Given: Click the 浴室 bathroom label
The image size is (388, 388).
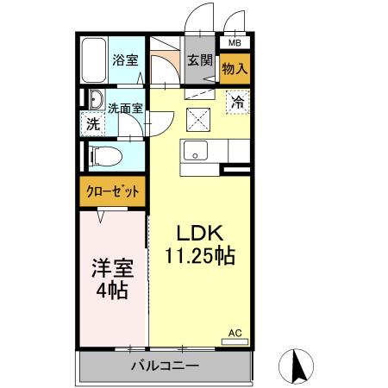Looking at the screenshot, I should [125, 60].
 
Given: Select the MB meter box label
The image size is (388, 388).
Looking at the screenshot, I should [235, 41].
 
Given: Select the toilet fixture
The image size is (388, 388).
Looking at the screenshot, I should [103, 157].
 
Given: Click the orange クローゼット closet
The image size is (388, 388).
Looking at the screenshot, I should [112, 191].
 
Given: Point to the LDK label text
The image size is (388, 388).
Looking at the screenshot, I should [200, 234].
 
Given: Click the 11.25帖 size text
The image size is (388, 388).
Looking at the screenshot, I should [200, 256].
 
